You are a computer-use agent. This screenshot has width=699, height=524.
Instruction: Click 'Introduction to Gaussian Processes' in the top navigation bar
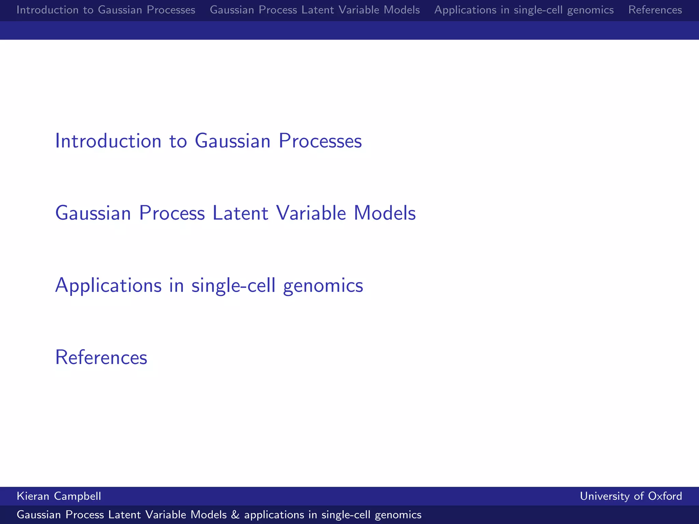point(106,10)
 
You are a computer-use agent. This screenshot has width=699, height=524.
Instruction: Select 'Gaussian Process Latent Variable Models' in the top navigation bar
point(315,10)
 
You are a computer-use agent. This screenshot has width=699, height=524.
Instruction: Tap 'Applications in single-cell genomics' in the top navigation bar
point(524,10)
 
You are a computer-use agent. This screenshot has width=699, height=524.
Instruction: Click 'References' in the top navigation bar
point(655,10)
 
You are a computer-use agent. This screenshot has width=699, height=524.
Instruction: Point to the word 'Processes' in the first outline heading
point(320,141)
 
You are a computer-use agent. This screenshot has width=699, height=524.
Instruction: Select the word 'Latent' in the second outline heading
point(240,213)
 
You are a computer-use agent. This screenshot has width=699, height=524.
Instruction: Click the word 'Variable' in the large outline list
point(311,213)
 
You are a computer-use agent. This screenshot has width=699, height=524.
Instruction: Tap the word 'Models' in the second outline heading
point(385,213)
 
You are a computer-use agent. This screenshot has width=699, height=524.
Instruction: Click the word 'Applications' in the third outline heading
point(108,285)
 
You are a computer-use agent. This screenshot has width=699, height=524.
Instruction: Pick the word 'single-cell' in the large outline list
point(233,285)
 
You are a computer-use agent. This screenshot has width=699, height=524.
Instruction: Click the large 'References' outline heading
point(101,358)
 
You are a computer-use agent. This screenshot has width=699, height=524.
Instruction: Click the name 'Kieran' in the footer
point(33,496)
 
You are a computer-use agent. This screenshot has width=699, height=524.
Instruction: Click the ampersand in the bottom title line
point(235,515)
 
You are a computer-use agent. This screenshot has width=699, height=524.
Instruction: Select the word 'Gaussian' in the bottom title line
point(39,515)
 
